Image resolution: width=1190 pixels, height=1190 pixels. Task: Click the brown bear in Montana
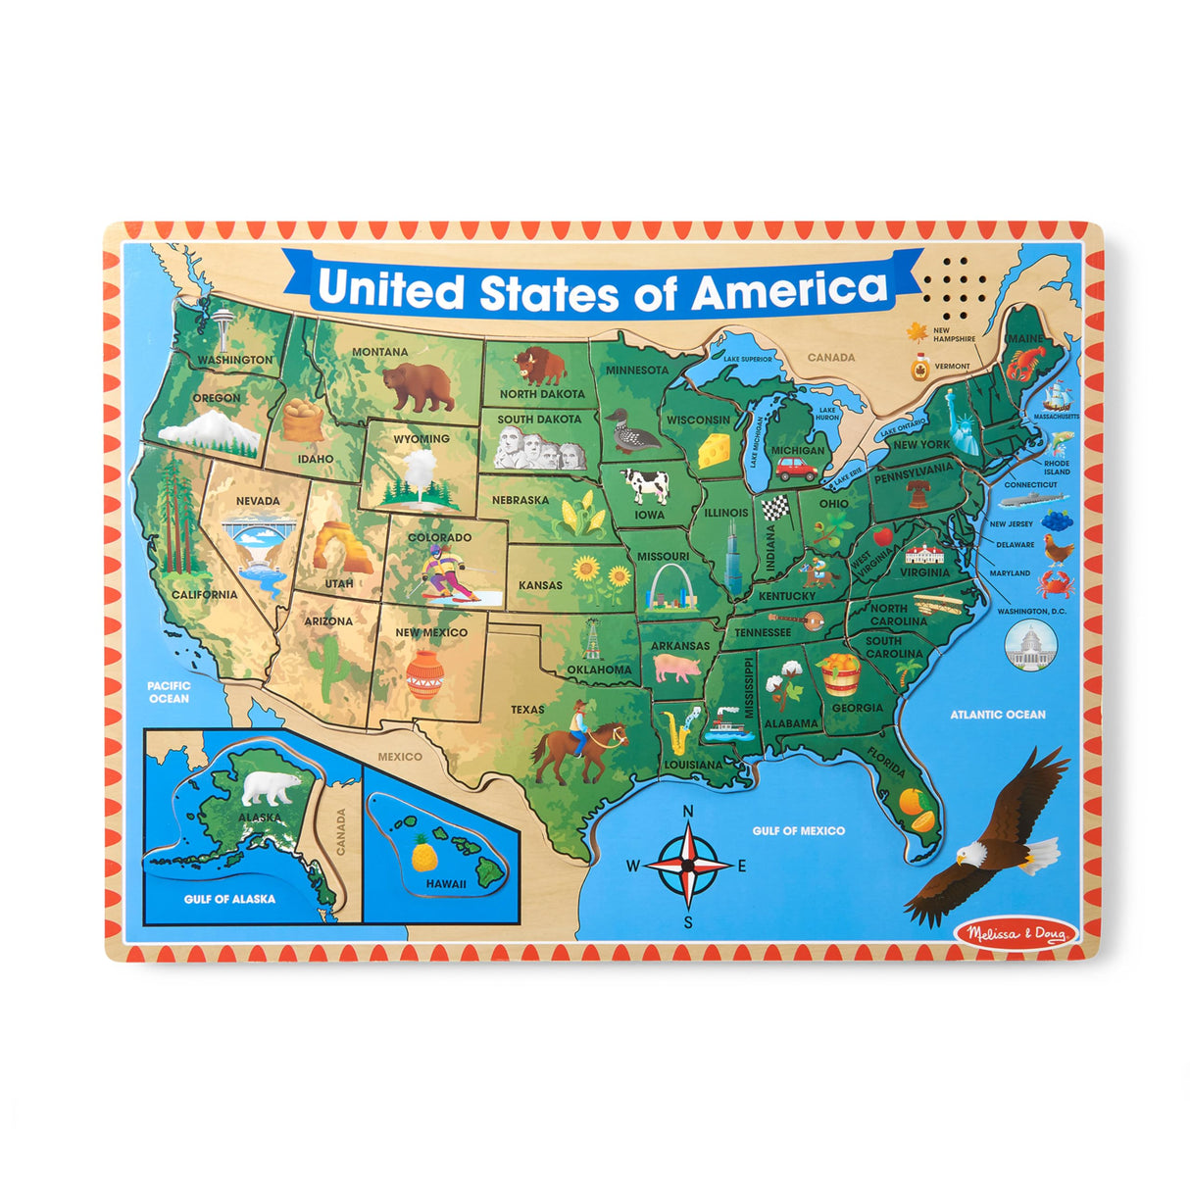tap(419, 386)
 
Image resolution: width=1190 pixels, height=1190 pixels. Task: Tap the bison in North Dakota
tap(541, 366)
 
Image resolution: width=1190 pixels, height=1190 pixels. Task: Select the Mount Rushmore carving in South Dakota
tap(540, 450)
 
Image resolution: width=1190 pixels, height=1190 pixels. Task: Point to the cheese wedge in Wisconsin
tap(715, 451)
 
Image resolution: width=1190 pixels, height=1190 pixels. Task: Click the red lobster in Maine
tap(1023, 365)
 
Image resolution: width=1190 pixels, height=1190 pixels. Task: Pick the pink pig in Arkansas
tap(677, 669)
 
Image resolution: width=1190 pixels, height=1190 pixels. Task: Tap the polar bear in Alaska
tap(272, 786)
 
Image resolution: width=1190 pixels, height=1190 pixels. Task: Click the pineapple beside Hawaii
tap(423, 854)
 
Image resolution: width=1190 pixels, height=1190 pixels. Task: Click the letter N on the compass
tap(688, 811)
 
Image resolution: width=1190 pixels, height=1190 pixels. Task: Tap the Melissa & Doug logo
tap(1016, 932)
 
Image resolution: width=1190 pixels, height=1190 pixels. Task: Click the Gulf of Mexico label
tap(798, 830)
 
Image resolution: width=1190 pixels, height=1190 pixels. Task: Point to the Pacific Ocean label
tap(169, 692)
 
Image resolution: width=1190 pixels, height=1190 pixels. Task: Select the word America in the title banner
tap(788, 290)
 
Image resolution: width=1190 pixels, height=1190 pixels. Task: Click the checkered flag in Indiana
tap(775, 507)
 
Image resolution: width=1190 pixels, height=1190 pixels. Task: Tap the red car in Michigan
tap(797, 470)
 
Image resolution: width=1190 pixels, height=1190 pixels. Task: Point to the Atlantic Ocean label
tap(997, 715)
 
